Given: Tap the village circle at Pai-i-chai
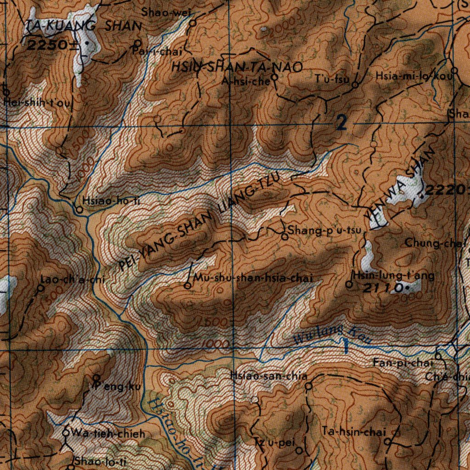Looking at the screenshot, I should point(138,44).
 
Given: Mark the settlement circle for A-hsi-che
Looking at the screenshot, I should point(274,78).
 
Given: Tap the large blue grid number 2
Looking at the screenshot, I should point(341,123).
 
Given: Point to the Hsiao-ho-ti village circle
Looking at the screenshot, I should point(79,210).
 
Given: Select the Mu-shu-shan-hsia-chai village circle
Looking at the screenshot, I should point(187,286).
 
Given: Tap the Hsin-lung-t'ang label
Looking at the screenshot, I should point(393,275).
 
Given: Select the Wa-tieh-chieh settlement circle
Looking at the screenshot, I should point(66,432).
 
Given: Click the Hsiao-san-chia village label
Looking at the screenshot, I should point(269,376).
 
